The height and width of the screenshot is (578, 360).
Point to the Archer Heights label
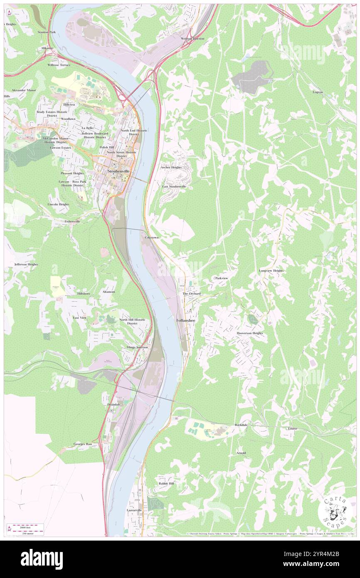171,167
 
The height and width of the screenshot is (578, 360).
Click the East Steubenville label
174,187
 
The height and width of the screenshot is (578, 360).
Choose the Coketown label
152,237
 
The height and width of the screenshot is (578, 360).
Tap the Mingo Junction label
137,347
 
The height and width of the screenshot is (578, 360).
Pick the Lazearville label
134,510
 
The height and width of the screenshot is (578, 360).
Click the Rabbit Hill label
166,484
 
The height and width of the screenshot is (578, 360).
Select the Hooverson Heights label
250,333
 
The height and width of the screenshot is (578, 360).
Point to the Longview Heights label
271,271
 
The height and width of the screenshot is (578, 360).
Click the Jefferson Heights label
26,264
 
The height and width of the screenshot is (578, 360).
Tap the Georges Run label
83,444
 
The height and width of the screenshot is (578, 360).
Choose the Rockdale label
241,425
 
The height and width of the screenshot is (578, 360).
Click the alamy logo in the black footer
42,559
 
